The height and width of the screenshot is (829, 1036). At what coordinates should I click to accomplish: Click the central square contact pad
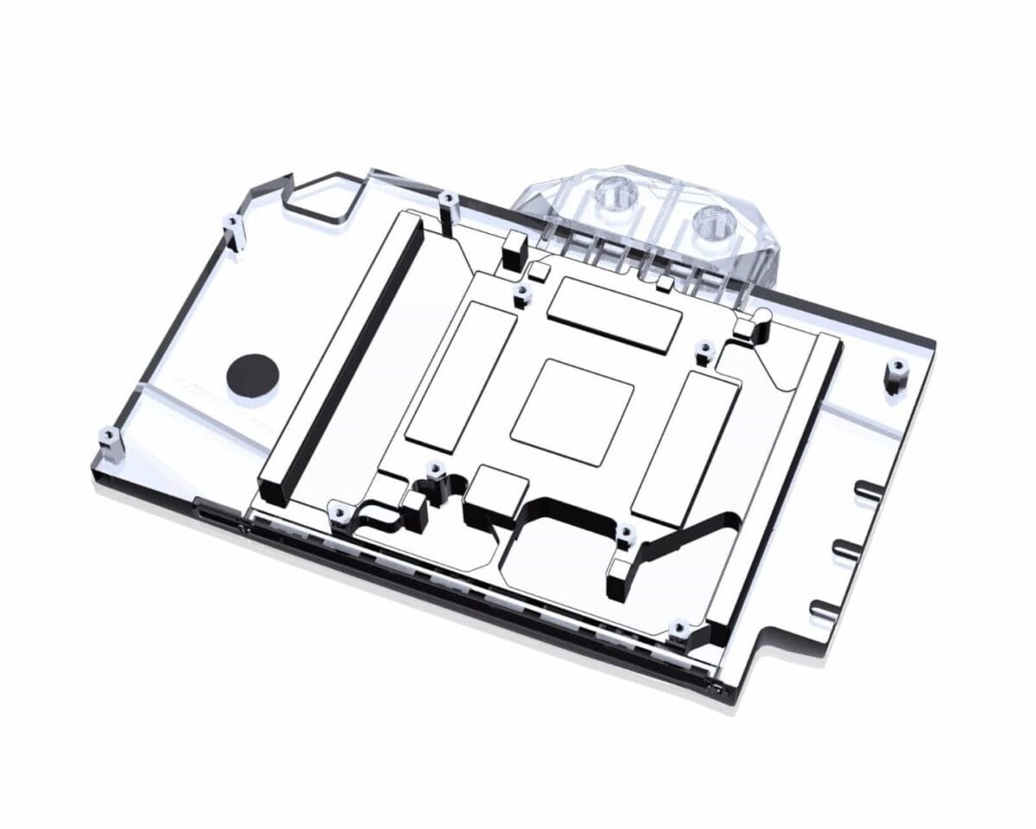(x=573, y=407)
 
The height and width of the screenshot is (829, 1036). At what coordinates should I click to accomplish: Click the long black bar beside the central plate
(x=344, y=357)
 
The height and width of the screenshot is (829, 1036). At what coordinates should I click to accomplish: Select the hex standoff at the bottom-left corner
(x=110, y=440)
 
